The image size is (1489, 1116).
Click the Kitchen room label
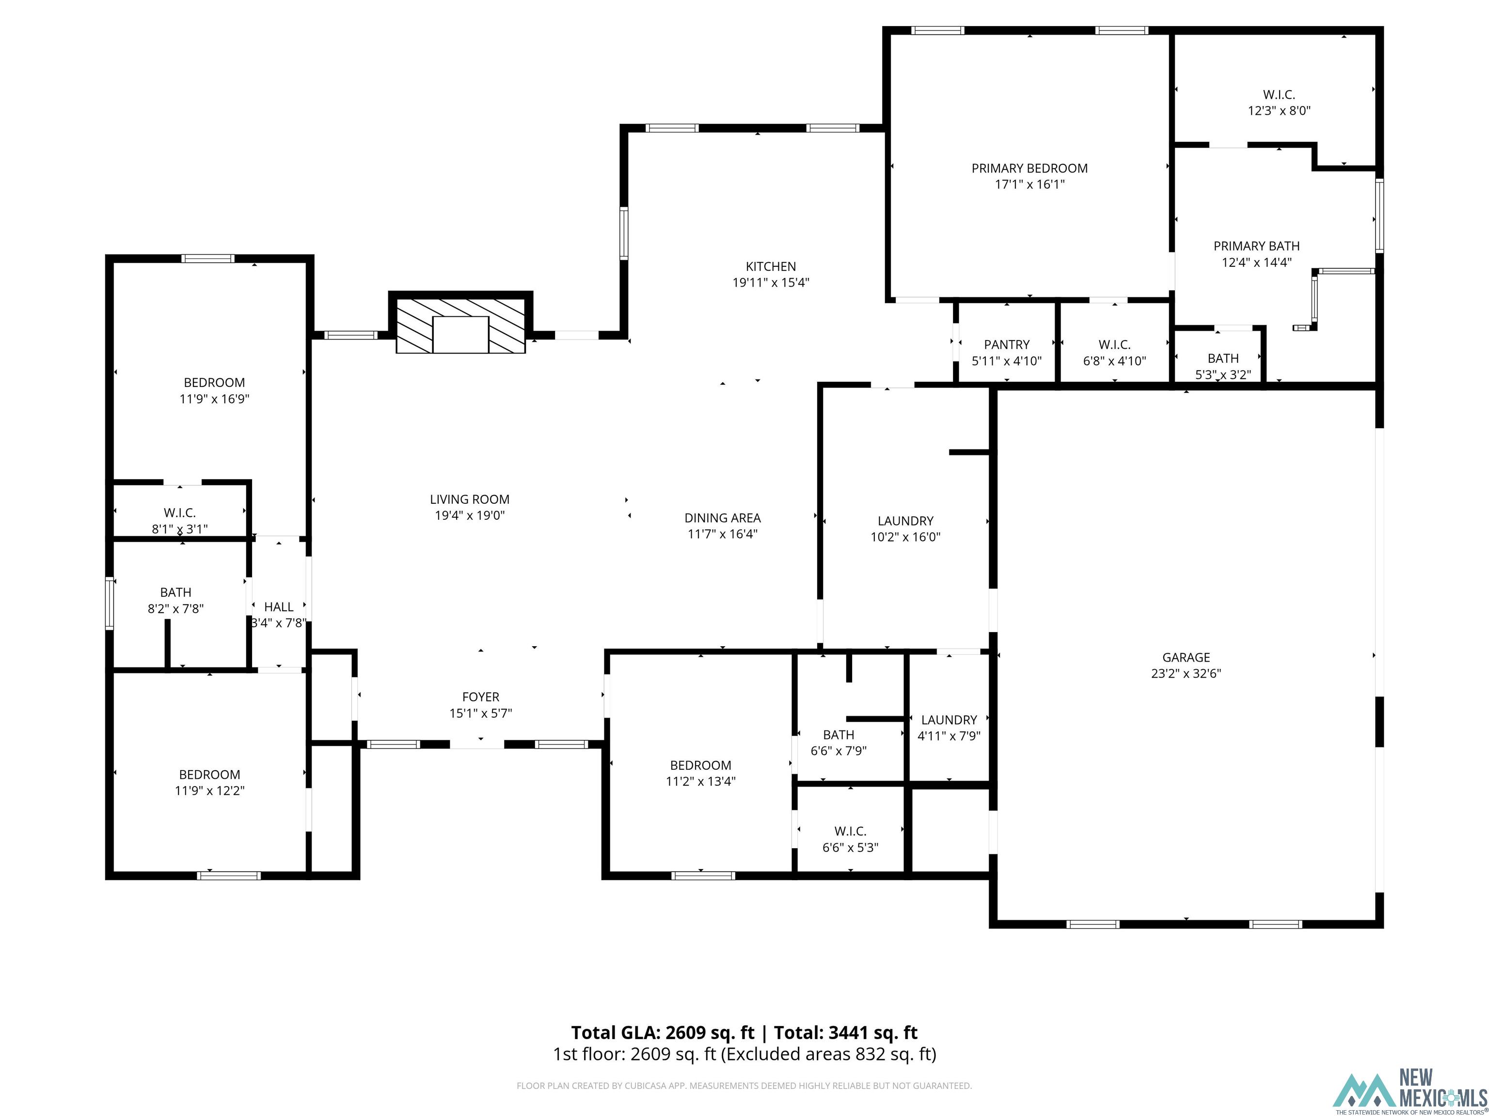[x=770, y=266]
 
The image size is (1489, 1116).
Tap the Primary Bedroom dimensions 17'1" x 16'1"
[x=1029, y=185]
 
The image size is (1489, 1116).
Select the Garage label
[x=1186, y=657]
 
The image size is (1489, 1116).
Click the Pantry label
[x=1006, y=344]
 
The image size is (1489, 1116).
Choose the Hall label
[x=278, y=607]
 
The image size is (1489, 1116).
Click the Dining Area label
[x=722, y=518]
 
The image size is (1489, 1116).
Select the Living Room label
[x=469, y=499]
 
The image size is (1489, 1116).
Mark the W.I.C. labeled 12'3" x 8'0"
[x=1278, y=102]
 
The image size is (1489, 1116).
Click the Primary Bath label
[x=1256, y=246]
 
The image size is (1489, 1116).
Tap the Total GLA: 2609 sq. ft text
[x=663, y=1033]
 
